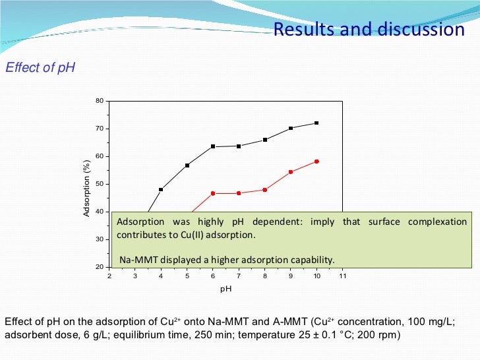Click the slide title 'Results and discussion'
(x=369, y=30)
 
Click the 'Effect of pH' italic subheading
(x=40, y=67)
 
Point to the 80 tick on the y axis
(x=100, y=101)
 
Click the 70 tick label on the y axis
(x=100, y=129)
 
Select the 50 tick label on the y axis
(x=100, y=184)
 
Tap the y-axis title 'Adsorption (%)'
(x=86, y=188)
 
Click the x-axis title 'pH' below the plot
(x=226, y=289)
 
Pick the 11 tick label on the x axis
(x=342, y=276)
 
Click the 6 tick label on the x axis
(x=213, y=276)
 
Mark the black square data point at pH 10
(x=316, y=123)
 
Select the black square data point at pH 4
(x=161, y=189)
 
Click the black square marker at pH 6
(x=213, y=146)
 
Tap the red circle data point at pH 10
(x=316, y=162)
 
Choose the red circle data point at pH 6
(x=213, y=193)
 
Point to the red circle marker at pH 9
(x=291, y=172)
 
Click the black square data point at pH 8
(x=265, y=140)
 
